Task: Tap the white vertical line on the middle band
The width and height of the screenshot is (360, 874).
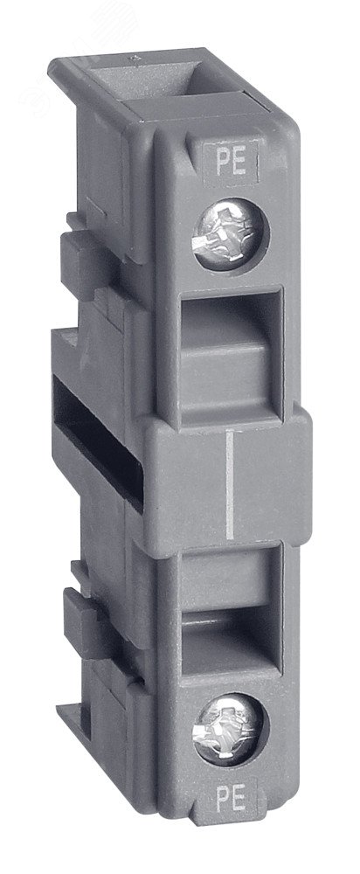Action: point(230,485)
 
